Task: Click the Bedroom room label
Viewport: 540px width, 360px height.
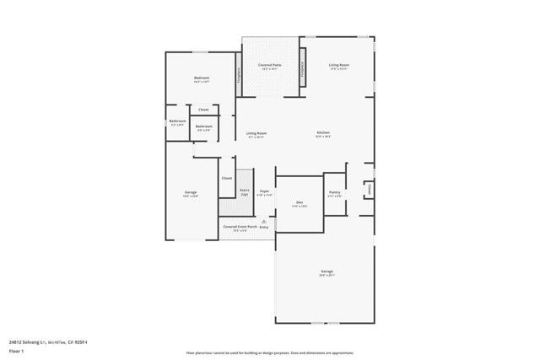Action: (x=201, y=78)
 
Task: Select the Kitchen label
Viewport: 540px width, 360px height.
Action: (x=323, y=133)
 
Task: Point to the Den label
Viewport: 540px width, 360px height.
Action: (x=300, y=202)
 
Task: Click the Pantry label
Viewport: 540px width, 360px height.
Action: (x=334, y=193)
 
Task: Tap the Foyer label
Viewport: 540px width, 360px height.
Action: (x=264, y=192)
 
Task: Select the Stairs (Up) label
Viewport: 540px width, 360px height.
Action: (x=244, y=191)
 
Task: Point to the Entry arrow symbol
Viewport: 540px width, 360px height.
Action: (x=263, y=221)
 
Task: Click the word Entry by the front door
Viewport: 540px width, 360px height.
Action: (x=264, y=228)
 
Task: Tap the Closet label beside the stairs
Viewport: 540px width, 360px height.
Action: (x=226, y=178)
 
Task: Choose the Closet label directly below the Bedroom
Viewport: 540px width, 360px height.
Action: (x=203, y=110)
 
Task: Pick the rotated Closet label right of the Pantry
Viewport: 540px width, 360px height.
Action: (x=370, y=191)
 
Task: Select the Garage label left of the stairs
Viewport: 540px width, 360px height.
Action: (x=191, y=193)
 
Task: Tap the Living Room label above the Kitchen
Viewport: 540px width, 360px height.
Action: (x=339, y=65)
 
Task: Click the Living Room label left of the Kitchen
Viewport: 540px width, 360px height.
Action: (x=256, y=133)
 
